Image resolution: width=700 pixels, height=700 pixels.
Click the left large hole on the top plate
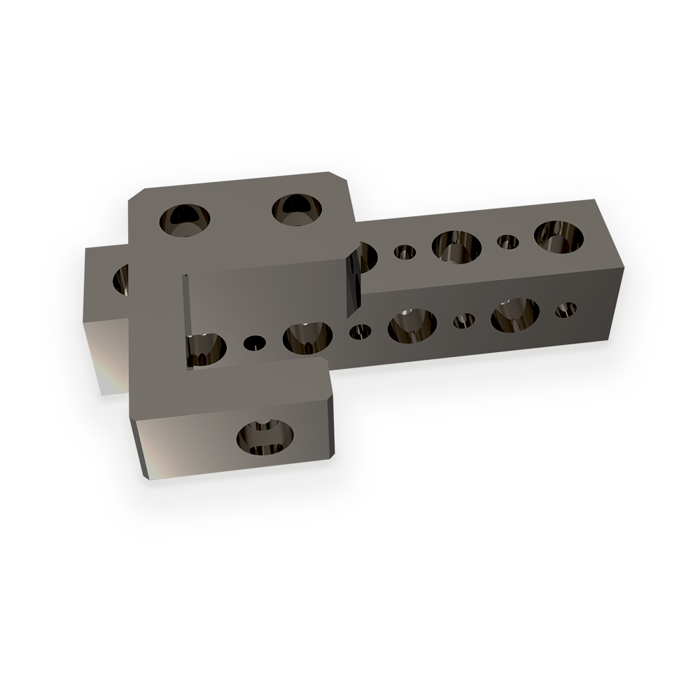[185, 220]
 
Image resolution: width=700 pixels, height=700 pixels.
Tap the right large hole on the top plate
[297, 209]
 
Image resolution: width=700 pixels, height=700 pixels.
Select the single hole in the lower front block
[265, 437]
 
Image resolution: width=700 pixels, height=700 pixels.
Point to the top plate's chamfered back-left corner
[137, 195]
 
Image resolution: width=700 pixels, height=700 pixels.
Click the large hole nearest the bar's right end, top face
[559, 235]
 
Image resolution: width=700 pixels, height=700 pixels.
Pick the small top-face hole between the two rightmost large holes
[507, 242]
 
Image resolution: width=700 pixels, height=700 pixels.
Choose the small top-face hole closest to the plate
[404, 251]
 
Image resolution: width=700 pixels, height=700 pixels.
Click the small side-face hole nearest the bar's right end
[566, 309]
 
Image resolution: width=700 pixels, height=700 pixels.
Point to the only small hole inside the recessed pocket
[254, 343]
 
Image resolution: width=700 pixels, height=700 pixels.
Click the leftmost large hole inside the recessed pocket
[205, 348]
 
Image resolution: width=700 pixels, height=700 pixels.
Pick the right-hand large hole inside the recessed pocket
[307, 337]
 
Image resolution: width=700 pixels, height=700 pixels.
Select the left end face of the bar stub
[105, 357]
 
